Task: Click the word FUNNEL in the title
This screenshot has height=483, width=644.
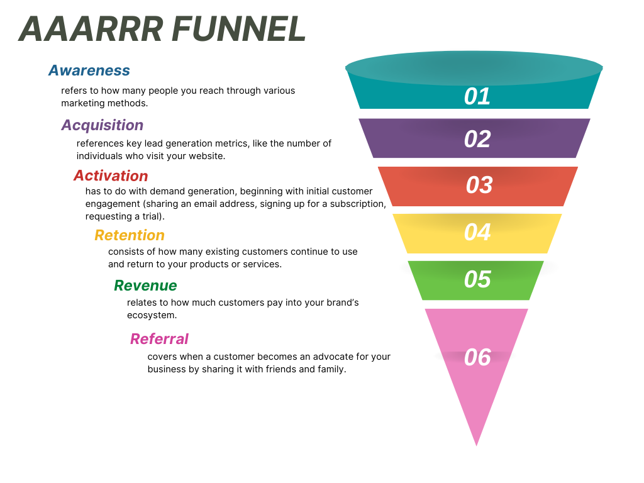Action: pyautogui.click(x=238, y=29)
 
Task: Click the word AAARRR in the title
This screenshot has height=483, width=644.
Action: pyautogui.click(x=91, y=29)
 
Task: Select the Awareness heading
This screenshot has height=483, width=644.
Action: pyautogui.click(x=89, y=70)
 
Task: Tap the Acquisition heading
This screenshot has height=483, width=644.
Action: pyautogui.click(x=103, y=125)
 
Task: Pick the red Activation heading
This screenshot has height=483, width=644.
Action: pyautogui.click(x=111, y=176)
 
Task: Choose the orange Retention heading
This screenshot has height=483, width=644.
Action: pyautogui.click(x=130, y=235)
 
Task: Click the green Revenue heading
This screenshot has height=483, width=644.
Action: pyautogui.click(x=145, y=286)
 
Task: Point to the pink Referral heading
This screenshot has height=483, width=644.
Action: pyautogui.click(x=159, y=339)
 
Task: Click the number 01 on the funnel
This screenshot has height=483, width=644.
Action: pyautogui.click(x=477, y=96)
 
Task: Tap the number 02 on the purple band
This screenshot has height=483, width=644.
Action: pyautogui.click(x=477, y=139)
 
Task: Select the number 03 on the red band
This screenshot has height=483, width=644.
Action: pyautogui.click(x=479, y=186)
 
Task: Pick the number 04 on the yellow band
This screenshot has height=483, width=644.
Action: pyautogui.click(x=477, y=233)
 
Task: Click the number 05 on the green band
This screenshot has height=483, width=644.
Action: pyautogui.click(x=477, y=280)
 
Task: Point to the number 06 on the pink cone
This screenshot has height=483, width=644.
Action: pyautogui.click(x=477, y=357)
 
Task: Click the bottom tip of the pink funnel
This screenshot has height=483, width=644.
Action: pyautogui.click(x=477, y=446)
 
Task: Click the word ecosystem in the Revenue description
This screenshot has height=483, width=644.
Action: pyautogui.click(x=152, y=316)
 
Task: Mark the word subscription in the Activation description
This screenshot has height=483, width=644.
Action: pyautogui.click(x=358, y=204)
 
